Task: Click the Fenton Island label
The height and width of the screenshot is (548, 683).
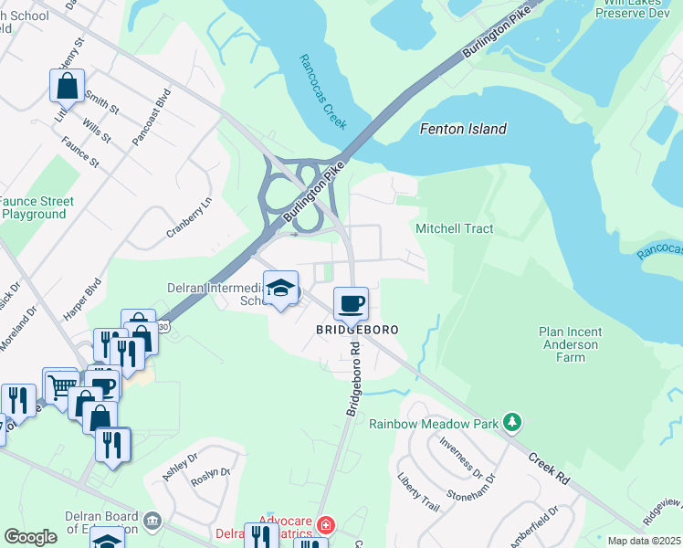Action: click(462, 129)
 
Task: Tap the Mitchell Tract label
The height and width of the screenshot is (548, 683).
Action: click(454, 228)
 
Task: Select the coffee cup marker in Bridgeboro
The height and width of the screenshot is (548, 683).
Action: click(351, 303)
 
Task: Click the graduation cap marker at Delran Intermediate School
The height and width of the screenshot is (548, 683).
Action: click(281, 290)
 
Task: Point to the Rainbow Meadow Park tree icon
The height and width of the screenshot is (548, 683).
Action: click(514, 423)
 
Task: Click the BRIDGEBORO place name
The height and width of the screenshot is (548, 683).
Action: click(358, 329)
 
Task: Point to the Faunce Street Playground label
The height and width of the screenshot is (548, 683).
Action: click(34, 207)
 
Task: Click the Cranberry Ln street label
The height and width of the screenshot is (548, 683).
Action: click(188, 219)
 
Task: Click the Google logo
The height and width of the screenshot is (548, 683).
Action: click(30, 537)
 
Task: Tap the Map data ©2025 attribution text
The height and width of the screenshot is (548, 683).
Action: click(644, 541)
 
